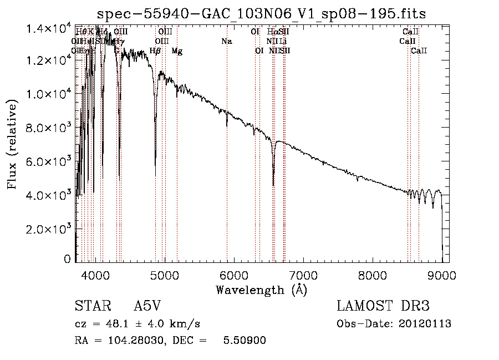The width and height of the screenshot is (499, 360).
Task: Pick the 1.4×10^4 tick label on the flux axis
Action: coord(48,28)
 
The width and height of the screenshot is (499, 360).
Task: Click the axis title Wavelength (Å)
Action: coord(261,290)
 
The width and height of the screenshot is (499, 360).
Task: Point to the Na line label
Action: coord(226,42)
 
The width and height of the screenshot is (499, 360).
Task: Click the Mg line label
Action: coord(177,51)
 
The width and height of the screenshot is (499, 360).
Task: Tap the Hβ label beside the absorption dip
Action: coord(155,51)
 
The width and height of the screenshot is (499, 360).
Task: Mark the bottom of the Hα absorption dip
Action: coord(273,185)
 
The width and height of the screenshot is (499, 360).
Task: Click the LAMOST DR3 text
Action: coord(383,307)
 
